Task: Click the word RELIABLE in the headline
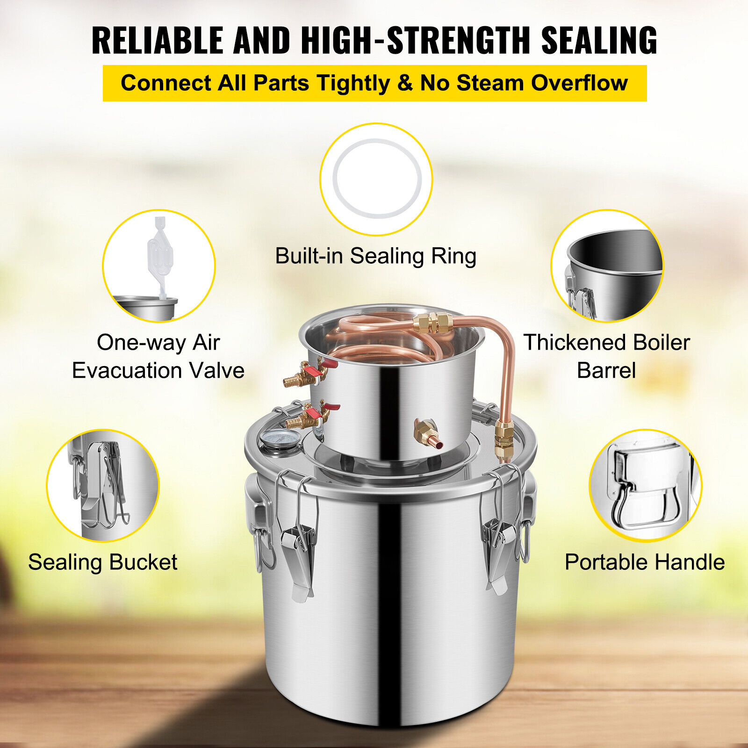point(158,40)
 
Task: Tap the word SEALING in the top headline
point(599,40)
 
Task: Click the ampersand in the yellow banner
point(405,83)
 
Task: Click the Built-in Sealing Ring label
point(375,256)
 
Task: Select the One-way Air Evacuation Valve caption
point(158,356)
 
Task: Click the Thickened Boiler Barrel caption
point(606,356)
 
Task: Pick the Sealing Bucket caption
point(103,562)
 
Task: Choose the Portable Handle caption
point(645,562)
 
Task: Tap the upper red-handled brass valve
point(309,373)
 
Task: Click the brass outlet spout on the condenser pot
point(428,434)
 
